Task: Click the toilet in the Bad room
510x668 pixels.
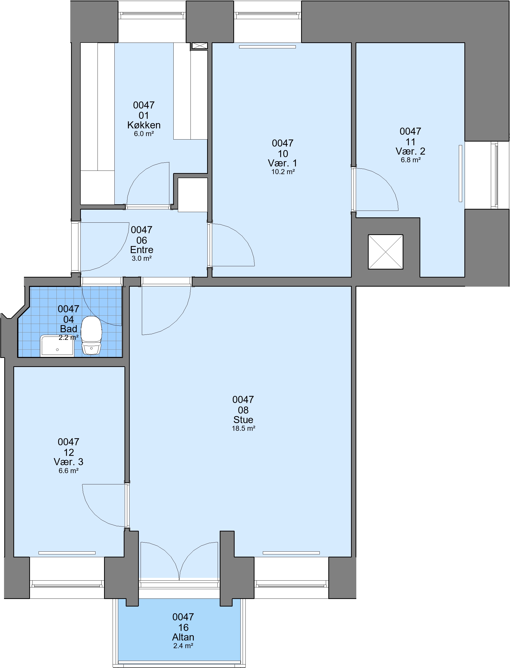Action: click(91, 335)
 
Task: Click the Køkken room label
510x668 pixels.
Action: click(144, 125)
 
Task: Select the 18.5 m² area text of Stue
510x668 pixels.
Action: click(243, 428)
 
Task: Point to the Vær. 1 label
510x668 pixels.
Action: click(283, 163)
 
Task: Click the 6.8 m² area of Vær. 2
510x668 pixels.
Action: click(410, 160)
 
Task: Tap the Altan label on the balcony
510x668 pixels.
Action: click(183, 637)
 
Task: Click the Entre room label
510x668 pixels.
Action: click(142, 250)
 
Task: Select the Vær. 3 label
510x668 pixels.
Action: click(69, 462)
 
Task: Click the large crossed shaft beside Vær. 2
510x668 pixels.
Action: click(386, 252)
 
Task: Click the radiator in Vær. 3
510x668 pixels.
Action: click(67, 553)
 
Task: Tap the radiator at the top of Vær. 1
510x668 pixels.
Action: click(267, 47)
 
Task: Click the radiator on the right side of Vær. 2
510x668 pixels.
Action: click(461, 174)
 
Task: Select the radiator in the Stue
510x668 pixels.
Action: click(292, 553)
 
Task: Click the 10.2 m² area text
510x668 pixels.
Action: click(283, 172)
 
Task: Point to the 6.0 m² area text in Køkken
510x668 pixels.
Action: click(144, 134)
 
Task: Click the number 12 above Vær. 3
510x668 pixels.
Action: click(69, 453)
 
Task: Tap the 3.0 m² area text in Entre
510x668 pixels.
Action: click(142, 259)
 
